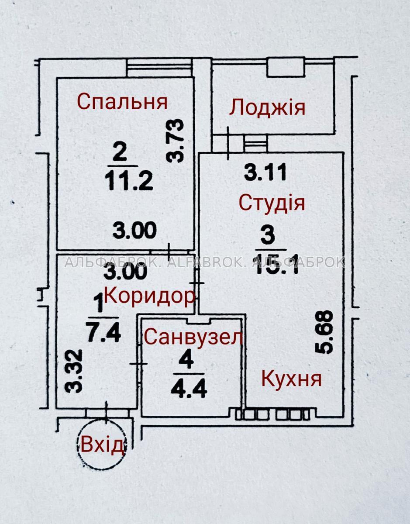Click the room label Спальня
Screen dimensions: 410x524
[x=122, y=102]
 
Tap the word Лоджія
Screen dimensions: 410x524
[x=267, y=108]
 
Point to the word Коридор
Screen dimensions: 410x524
[x=149, y=296]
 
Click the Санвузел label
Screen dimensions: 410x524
[x=193, y=337]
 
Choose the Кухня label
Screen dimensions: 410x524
[x=291, y=379]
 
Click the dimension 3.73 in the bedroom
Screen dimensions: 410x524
[x=175, y=141]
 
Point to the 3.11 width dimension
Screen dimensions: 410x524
[x=265, y=172]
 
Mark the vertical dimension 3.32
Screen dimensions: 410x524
[x=74, y=372]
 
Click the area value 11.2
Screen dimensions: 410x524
[x=129, y=182]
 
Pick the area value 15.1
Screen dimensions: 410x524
[x=277, y=265]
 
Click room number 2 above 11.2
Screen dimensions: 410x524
[x=120, y=154]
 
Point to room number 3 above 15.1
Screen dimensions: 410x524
[x=268, y=235]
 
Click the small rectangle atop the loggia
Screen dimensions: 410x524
[x=286, y=67]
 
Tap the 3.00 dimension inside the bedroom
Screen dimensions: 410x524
[x=134, y=231]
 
